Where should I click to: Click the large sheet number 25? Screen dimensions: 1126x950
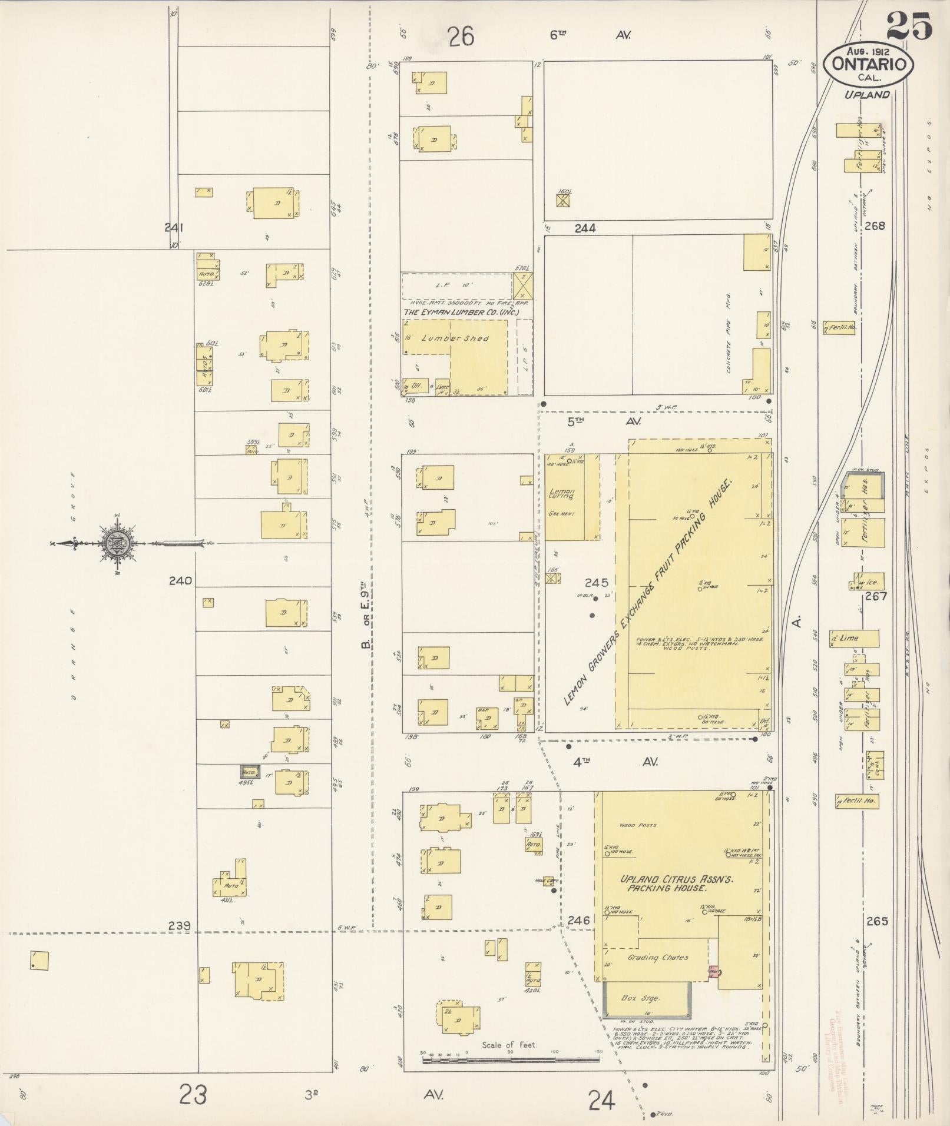908,27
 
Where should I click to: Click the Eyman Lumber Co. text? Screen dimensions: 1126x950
461,311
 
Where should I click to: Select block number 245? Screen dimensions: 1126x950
596,582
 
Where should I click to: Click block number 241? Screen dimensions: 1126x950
174,227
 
